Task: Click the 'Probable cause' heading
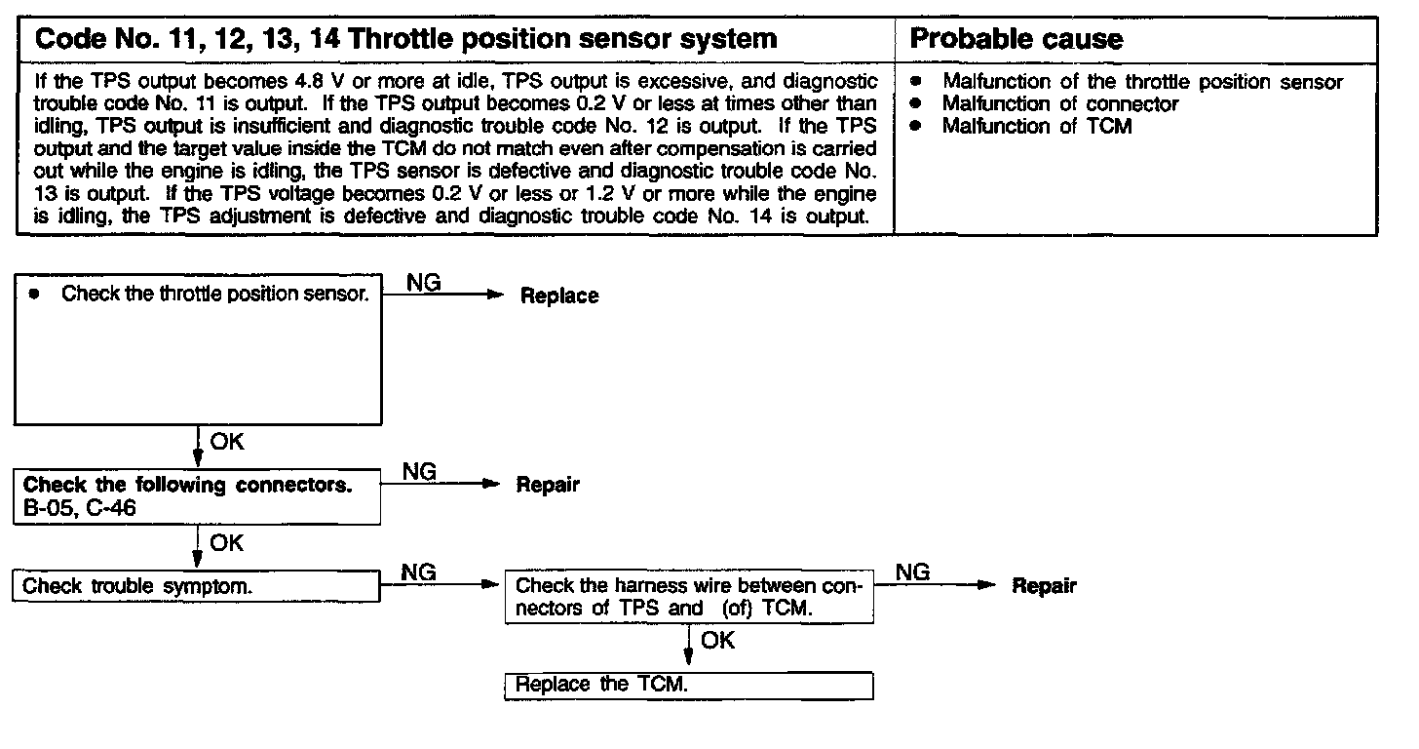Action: pos(1016,39)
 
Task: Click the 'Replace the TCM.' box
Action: pos(689,685)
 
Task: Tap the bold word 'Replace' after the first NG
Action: pos(559,296)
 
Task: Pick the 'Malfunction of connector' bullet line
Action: pos(1060,103)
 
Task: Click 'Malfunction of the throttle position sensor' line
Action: pos(1142,82)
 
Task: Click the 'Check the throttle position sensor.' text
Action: pos(214,294)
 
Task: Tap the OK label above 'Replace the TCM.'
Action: pos(717,641)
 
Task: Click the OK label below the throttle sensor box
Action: pos(227,442)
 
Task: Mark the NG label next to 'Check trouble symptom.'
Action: pos(419,572)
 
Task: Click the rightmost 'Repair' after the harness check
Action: pos(1044,586)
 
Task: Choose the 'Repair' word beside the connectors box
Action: pos(548,485)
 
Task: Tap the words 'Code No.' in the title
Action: pos(81,39)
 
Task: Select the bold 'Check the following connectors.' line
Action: pos(187,485)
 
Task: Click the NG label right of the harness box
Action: pos(912,572)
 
